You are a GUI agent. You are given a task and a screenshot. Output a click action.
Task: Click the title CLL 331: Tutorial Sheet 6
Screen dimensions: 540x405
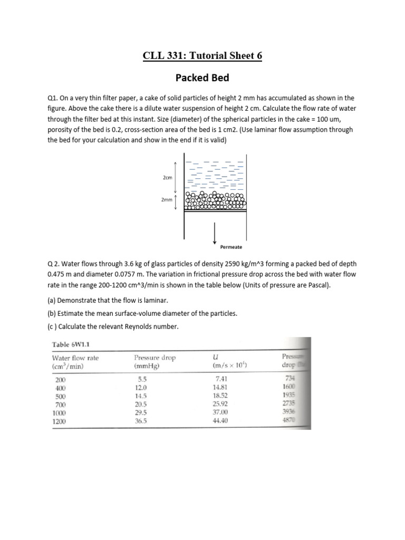[202, 55]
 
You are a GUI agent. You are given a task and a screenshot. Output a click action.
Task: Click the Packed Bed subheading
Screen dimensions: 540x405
[202, 78]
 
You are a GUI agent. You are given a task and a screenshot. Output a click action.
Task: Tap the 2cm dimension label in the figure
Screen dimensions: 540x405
[168, 178]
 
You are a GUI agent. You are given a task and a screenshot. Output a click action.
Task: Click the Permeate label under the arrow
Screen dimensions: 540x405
[231, 247]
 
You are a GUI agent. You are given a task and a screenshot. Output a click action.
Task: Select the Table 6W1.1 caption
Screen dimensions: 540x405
[74, 344]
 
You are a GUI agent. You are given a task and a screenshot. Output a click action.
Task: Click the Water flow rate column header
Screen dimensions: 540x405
[75, 358]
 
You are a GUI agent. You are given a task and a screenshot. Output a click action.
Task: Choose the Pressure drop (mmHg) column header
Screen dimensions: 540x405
[155, 358]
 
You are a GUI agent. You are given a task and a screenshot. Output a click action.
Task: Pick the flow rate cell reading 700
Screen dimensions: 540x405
[61, 404]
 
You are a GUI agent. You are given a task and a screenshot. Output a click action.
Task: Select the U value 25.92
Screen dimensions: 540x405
[221, 404]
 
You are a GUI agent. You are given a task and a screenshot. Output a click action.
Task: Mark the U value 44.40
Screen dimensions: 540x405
[221, 421]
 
